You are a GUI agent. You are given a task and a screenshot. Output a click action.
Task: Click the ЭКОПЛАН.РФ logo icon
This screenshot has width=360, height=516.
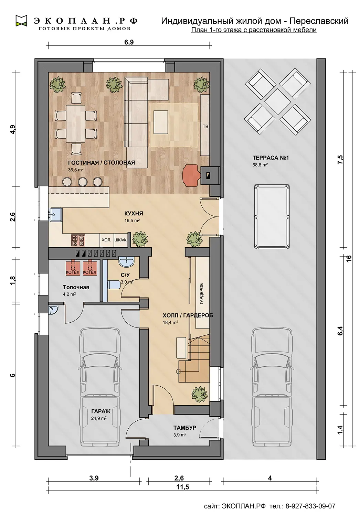[21, 21]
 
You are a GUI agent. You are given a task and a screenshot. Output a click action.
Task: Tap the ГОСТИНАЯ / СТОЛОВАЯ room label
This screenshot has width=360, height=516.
[102, 163]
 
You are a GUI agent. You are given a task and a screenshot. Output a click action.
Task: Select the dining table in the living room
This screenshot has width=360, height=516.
[75, 124]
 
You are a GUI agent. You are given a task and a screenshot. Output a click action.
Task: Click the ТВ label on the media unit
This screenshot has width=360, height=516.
[205, 127]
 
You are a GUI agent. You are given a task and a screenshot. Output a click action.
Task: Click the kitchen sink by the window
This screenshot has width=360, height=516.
[56, 214]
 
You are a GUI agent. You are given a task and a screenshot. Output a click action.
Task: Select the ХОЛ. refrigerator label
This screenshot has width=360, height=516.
[106, 240]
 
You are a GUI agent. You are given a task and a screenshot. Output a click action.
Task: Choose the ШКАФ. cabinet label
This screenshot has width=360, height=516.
[121, 240]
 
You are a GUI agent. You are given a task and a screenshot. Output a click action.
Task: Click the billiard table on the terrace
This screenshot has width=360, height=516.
[272, 216]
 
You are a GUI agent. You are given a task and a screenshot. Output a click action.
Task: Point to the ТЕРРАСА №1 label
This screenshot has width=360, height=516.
[271, 158]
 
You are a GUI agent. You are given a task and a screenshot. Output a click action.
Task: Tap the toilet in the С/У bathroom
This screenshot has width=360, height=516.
[114, 285]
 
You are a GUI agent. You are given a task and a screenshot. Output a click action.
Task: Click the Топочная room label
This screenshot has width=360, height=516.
[76, 287]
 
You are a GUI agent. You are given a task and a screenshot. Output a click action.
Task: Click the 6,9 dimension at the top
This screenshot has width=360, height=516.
[129, 42]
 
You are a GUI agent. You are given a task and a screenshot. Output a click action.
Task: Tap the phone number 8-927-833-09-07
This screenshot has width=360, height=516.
[310, 506]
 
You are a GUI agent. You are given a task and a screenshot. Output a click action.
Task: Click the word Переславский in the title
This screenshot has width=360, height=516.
[319, 21]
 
